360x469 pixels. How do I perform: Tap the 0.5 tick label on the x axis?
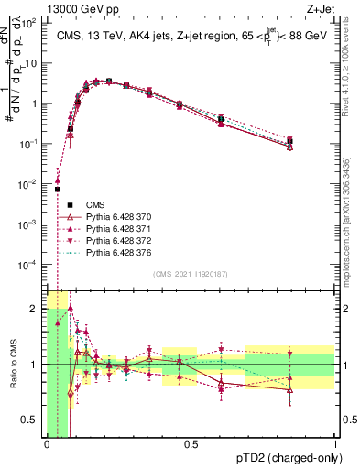(191, 445)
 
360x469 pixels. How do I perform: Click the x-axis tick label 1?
(334, 445)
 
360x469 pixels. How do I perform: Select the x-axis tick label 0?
(46, 445)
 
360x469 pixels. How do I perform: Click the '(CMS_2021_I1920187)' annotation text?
(190, 274)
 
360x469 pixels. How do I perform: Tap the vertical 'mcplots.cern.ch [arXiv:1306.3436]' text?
(352, 220)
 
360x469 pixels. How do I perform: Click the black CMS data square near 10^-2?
(57, 190)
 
